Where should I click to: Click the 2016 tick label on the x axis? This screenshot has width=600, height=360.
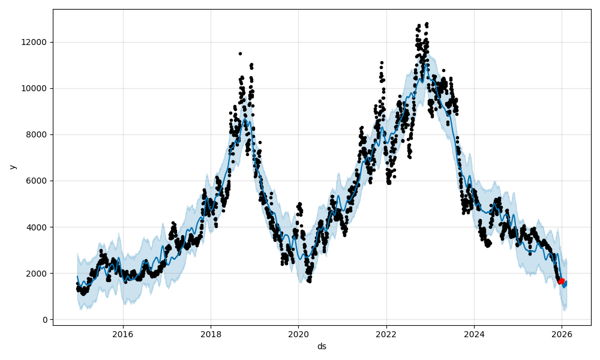pyautogui.click(x=123, y=334)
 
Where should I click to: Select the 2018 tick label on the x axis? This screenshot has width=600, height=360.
pyautogui.click(x=211, y=334)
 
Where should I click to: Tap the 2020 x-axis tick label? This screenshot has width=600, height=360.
pyautogui.click(x=298, y=334)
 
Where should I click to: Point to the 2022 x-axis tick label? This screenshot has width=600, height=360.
pyautogui.click(x=386, y=334)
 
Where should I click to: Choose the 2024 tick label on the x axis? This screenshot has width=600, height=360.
pyautogui.click(x=474, y=334)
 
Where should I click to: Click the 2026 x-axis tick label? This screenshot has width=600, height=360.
pyautogui.click(x=562, y=334)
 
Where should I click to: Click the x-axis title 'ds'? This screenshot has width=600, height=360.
pyautogui.click(x=322, y=346)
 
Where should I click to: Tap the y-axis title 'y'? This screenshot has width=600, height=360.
pyautogui.click(x=12, y=167)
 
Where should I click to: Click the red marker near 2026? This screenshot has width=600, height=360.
pyautogui.click(x=561, y=281)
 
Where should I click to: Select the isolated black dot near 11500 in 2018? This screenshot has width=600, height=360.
pyautogui.click(x=240, y=53)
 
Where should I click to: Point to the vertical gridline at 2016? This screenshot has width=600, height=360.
pyautogui.click(x=123, y=180)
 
